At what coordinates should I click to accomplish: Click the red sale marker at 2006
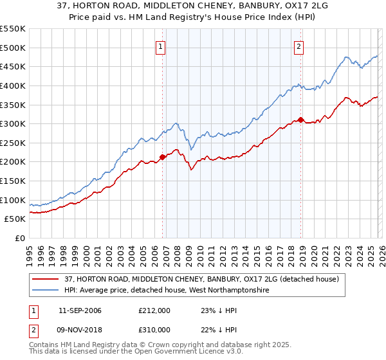pyautogui.click(x=162, y=157)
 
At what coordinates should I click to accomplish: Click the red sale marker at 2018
pyautogui.click(x=300, y=120)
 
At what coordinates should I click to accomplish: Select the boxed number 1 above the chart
pyautogui.click(x=160, y=46)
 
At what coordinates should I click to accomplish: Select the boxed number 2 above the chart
pyautogui.click(x=299, y=46)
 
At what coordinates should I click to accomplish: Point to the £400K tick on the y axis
pyautogui.click(x=13, y=85)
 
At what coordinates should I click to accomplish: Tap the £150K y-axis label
pyautogui.click(x=13, y=181)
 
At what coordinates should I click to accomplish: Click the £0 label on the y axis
pyautogui.click(x=19, y=238)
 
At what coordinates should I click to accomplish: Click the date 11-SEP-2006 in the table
pyautogui.click(x=80, y=310)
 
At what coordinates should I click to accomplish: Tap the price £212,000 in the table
pyautogui.click(x=154, y=310)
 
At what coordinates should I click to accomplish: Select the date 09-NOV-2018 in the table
pyautogui.click(x=80, y=329)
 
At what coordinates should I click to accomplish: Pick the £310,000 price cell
pyautogui.click(x=154, y=329)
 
